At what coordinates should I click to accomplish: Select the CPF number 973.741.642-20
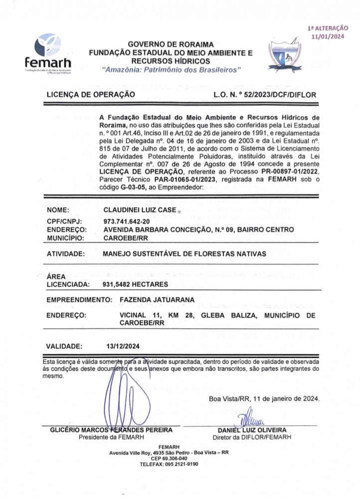coord(126,221)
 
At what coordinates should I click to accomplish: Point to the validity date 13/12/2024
coord(122,345)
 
